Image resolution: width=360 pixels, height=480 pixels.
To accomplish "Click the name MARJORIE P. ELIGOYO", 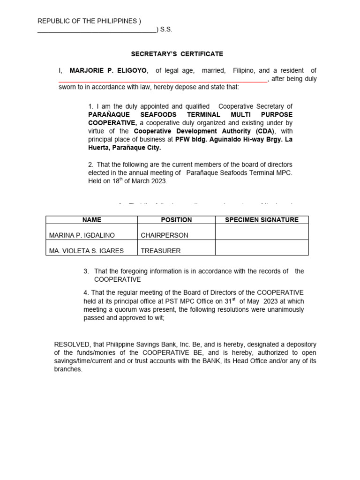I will point(109,70).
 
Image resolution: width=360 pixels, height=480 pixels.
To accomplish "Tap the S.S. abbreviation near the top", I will point(166,29).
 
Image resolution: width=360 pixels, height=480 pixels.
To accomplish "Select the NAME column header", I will point(91,219).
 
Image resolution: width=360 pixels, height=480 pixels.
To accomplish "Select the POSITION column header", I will point(176,219).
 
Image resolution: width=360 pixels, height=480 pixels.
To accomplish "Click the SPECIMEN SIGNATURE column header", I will point(262,219).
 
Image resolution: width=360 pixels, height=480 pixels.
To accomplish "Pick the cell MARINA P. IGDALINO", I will point(82,235).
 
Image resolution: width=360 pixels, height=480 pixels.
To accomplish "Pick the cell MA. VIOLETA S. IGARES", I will point(86,250).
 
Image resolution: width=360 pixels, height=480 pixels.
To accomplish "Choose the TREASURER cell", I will point(161,250).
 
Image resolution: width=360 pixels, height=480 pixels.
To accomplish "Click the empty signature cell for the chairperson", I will point(262,232).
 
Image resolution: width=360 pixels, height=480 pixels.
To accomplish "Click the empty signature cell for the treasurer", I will point(262,247).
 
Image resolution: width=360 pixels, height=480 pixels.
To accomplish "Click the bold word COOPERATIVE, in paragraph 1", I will point(112,123).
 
